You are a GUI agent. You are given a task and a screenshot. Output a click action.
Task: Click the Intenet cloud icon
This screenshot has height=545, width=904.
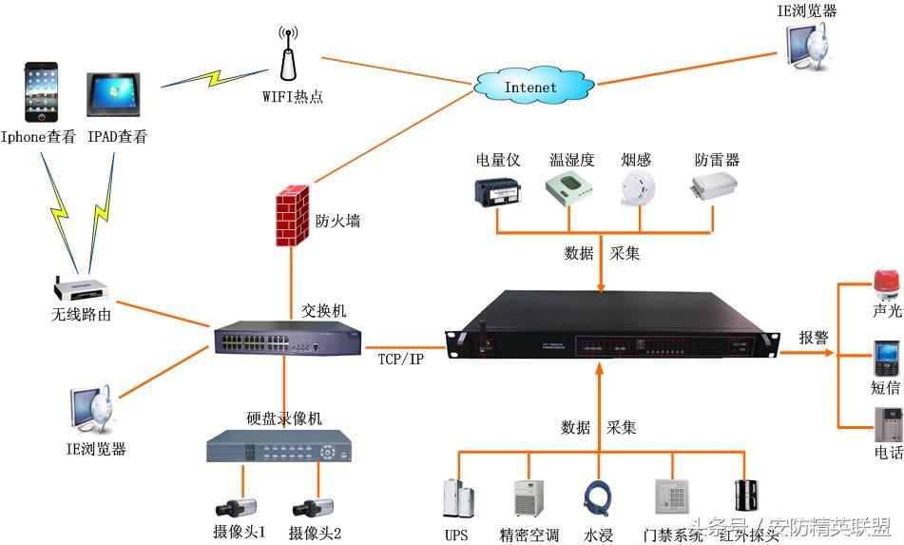529,87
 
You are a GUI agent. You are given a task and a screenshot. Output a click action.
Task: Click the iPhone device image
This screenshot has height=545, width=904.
41,92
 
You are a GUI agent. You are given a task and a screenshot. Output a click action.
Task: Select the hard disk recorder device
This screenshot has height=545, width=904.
279,446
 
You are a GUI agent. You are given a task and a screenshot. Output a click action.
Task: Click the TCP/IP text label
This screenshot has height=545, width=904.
399,359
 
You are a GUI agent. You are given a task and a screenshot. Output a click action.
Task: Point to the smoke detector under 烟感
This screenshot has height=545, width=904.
636,190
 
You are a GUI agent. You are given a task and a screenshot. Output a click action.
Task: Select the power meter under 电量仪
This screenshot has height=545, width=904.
496,190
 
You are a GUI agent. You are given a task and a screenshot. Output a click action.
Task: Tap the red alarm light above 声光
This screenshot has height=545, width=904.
886,285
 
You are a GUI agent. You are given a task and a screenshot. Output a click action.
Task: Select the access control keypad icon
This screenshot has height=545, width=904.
670,497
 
